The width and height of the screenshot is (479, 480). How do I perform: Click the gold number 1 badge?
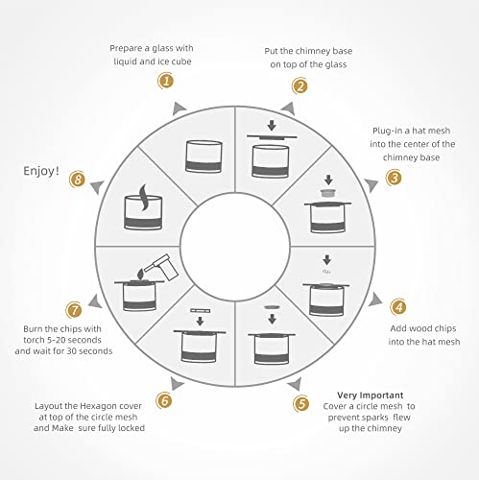166,81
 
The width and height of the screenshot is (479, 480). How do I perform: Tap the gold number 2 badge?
299,85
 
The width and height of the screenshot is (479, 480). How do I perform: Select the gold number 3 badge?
394,178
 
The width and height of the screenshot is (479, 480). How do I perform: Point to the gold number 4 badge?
398,307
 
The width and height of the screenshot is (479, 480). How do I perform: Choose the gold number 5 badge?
301,403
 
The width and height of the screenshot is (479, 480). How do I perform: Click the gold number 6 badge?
164,400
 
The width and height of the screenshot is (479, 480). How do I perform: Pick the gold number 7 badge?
74,310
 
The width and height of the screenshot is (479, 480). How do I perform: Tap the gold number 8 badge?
78,180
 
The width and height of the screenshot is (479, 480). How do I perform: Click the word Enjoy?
41,171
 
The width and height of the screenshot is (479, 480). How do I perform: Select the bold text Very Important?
371,396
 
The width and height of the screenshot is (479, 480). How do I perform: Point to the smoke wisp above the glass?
144,198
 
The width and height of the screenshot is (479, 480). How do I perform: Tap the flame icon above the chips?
140,274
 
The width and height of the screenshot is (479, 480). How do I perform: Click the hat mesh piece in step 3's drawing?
328,193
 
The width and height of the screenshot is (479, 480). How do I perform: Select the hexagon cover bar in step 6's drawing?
201,311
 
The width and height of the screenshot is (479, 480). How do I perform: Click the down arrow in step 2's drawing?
272,126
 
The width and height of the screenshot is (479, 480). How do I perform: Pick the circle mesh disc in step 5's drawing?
272,307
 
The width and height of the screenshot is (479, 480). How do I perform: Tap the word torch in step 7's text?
35,340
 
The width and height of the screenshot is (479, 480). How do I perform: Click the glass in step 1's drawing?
204,156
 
